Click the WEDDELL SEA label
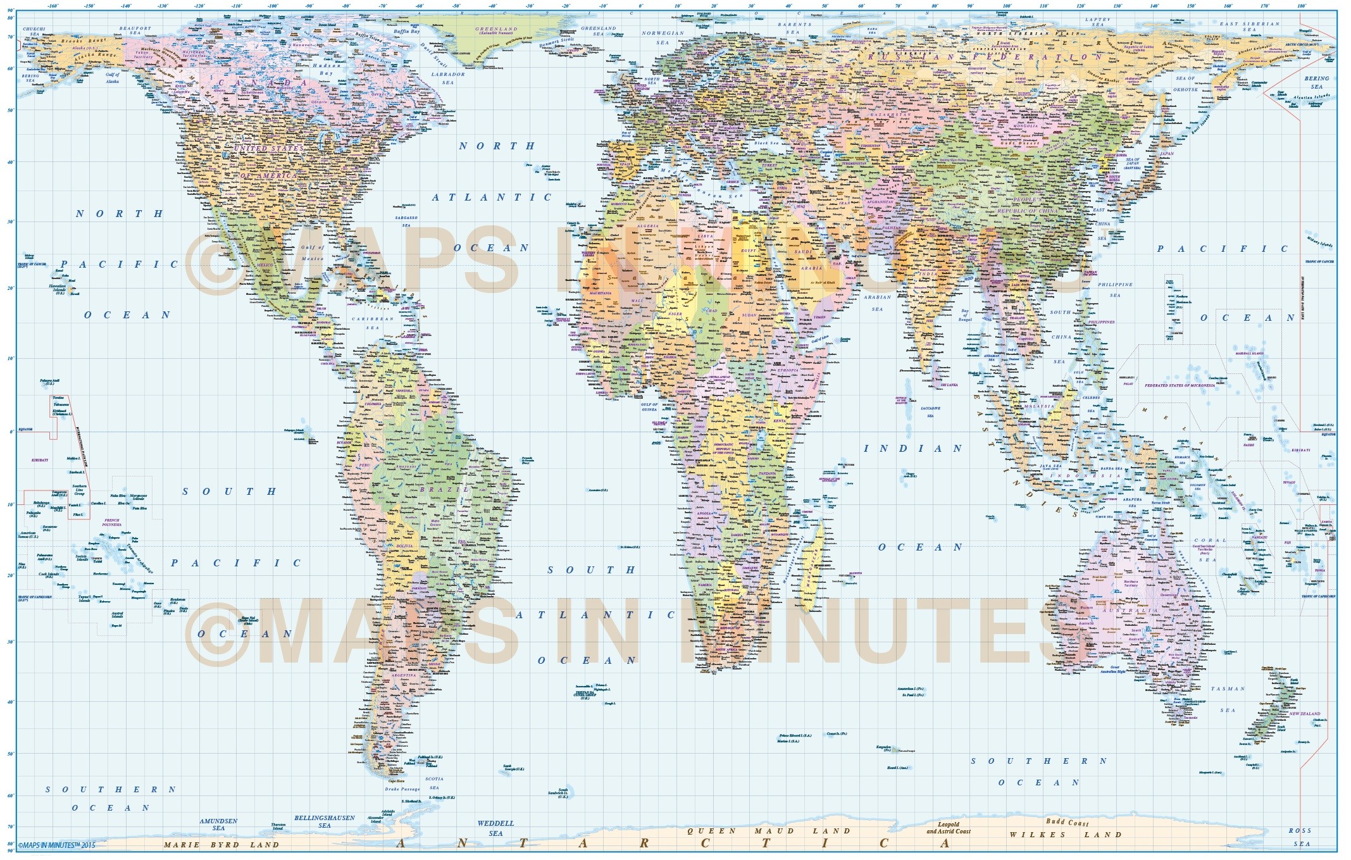(x=495, y=828)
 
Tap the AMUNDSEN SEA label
(x=218, y=824)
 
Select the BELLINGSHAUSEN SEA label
(x=325, y=821)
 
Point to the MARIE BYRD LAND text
(x=221, y=845)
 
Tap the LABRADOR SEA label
(x=448, y=78)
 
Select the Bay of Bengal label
(x=965, y=315)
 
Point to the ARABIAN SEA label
(x=877, y=302)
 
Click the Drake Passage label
(x=404, y=789)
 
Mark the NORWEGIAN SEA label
(x=663, y=37)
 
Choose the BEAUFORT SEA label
(x=135, y=30)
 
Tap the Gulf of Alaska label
(x=112, y=78)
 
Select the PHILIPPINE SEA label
(x=1115, y=290)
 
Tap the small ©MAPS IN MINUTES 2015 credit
(x=56, y=845)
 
